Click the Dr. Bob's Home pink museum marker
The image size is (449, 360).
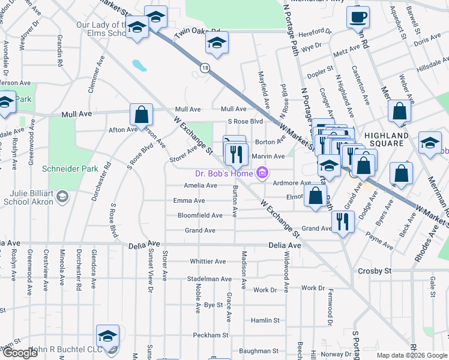pyautogui.click(x=262, y=174)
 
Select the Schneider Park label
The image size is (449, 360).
pyautogui.click(x=70, y=169)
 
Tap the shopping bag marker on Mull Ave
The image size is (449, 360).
pyautogui.click(x=141, y=114)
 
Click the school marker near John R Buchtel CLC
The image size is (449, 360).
pyautogui.click(x=108, y=336)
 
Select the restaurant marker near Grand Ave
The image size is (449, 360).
pyautogui.click(x=343, y=221)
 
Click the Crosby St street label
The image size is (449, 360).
pyautogui.click(x=375, y=271)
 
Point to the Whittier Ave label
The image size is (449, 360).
pyautogui.click(x=207, y=262)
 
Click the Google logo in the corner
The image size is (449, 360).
pyautogui.click(x=20, y=353)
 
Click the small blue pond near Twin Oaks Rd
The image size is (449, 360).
pyautogui.click(x=139, y=64)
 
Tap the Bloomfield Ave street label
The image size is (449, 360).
pyautogui.click(x=200, y=215)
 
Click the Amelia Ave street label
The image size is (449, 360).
pyautogui.click(x=200, y=185)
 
